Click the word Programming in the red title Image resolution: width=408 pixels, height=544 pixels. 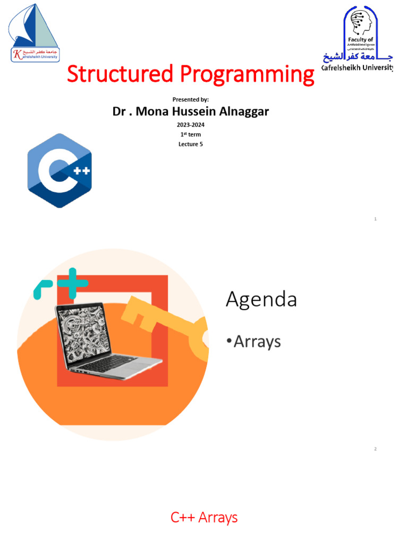(246, 74)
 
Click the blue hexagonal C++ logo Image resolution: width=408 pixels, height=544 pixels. (59, 171)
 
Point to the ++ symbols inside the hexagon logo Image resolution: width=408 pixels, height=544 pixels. (81, 171)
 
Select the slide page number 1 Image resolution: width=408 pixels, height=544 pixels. (375, 219)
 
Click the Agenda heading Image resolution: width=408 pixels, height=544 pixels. (261, 300)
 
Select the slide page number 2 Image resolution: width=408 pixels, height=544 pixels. (375, 449)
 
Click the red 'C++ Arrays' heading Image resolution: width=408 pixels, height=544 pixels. (204, 517)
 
